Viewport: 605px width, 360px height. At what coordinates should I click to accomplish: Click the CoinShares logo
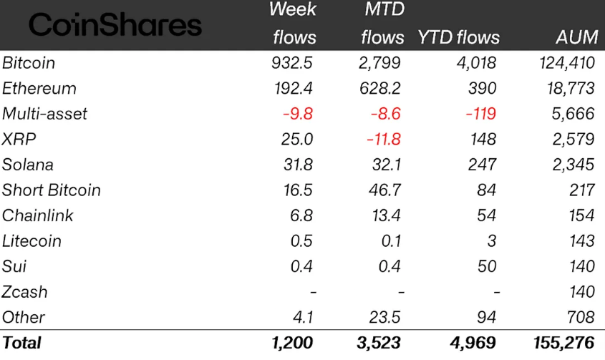coord(115,26)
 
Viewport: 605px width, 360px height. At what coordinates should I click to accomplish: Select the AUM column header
coord(575,37)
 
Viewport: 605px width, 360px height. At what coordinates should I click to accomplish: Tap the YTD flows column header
coord(458,37)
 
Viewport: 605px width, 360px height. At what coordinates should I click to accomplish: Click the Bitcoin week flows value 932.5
coord(291,63)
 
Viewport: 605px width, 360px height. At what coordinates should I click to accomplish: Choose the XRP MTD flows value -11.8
coord(383,140)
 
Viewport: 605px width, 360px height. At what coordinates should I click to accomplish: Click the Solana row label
coord(28,165)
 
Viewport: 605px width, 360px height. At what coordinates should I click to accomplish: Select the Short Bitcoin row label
coord(52,190)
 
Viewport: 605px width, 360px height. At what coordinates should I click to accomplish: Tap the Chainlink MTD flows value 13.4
coord(386,215)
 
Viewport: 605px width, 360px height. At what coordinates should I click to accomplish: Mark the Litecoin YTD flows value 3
coord(491,241)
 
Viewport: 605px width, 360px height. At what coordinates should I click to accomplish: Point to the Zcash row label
coord(25,292)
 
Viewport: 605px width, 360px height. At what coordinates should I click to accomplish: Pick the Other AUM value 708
coord(580,317)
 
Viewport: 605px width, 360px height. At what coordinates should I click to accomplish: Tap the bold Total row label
coord(22,343)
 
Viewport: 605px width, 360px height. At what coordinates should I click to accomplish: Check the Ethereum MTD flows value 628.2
coord(379,89)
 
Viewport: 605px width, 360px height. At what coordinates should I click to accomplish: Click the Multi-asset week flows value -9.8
coord(296,114)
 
